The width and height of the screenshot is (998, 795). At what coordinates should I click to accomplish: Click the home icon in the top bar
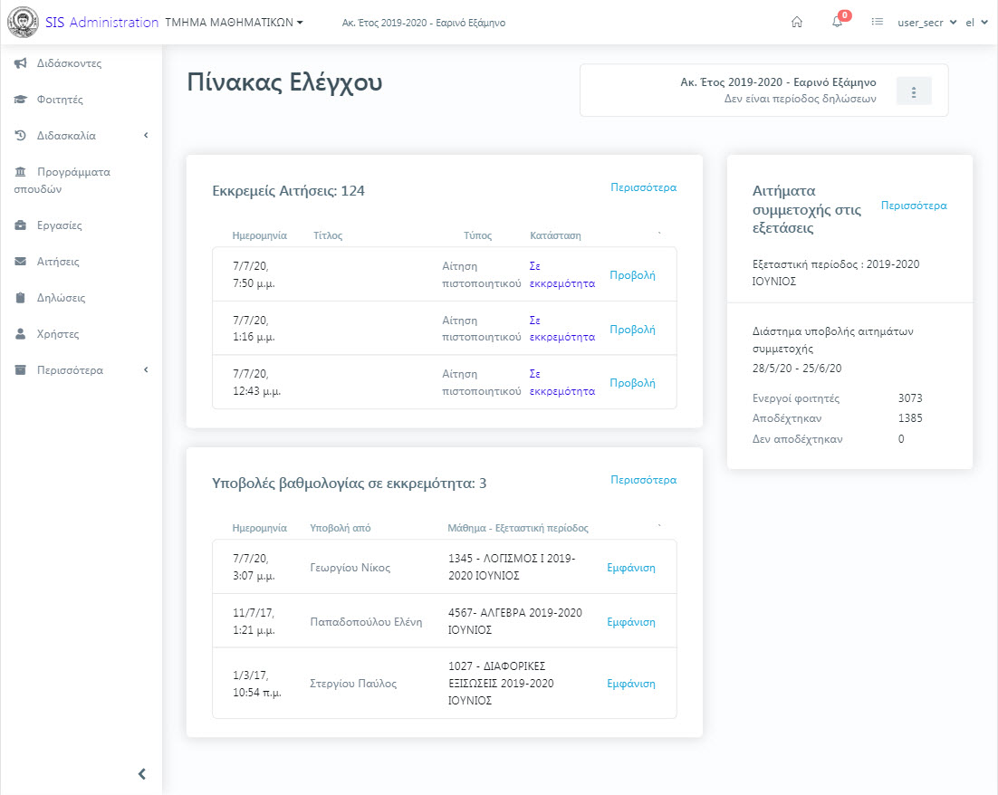pyautogui.click(x=796, y=23)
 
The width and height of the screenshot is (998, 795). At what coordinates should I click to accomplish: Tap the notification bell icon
pyautogui.click(x=838, y=23)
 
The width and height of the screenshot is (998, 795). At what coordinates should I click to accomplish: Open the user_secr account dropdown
pyautogui.click(x=926, y=23)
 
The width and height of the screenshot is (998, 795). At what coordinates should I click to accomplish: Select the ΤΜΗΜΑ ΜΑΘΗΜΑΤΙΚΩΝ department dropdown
pyautogui.click(x=235, y=23)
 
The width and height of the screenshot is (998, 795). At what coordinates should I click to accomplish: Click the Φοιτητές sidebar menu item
pyautogui.click(x=60, y=100)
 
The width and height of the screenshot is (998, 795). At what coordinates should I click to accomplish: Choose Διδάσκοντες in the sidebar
pyautogui.click(x=69, y=63)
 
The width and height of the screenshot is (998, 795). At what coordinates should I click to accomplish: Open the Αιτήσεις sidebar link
pyautogui.click(x=58, y=262)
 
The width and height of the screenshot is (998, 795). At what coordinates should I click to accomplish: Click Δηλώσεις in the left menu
pyautogui.click(x=61, y=298)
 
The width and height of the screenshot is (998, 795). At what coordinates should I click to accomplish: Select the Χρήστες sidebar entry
pyautogui.click(x=58, y=334)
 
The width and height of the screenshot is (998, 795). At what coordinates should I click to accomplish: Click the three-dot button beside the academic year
pyautogui.click(x=914, y=91)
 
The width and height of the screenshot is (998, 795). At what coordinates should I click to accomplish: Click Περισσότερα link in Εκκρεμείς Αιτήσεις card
pyautogui.click(x=644, y=187)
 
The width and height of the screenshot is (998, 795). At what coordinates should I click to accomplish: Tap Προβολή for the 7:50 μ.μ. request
pyautogui.click(x=632, y=275)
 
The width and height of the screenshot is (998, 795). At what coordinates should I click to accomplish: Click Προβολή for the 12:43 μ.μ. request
pyautogui.click(x=632, y=382)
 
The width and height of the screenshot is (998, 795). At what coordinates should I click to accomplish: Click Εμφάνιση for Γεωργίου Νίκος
pyautogui.click(x=630, y=567)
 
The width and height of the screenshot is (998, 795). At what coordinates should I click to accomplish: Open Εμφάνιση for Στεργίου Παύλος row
pyautogui.click(x=630, y=683)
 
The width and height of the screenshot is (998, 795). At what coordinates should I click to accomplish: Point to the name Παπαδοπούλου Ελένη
pyautogui.click(x=366, y=622)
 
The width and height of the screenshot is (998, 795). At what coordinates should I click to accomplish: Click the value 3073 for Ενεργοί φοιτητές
pyautogui.click(x=910, y=397)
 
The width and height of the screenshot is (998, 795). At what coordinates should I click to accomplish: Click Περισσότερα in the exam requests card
pyautogui.click(x=914, y=205)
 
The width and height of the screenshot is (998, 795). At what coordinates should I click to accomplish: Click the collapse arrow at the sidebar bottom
pyautogui.click(x=142, y=774)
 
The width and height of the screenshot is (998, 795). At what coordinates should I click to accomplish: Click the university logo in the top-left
pyautogui.click(x=23, y=23)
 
